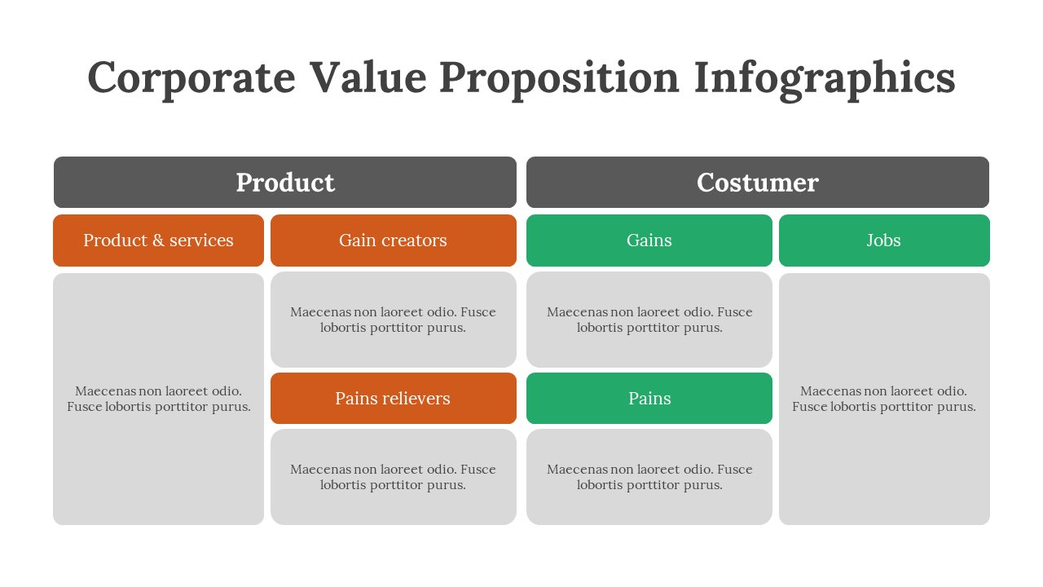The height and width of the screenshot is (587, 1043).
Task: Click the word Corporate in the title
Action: [x=191, y=78]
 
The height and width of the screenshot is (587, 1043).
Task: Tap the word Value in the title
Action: [x=367, y=77]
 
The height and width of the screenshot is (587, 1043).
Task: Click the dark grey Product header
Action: [x=285, y=182]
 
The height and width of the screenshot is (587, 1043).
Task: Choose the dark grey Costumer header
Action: [x=758, y=182]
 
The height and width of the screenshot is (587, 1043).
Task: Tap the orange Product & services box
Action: [x=158, y=241]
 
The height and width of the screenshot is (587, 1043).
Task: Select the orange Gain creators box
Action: [x=394, y=241]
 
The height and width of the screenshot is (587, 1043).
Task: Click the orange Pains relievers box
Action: [x=394, y=399]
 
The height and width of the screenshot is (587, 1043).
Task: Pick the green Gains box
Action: [x=649, y=241]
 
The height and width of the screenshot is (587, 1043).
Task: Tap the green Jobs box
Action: [x=884, y=241]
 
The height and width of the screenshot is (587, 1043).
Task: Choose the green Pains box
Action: [x=649, y=399]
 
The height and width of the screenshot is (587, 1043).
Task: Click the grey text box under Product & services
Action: [x=158, y=399]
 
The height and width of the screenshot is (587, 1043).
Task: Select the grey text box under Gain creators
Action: [x=394, y=320]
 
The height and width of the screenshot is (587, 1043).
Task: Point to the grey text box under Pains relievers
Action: [x=394, y=477]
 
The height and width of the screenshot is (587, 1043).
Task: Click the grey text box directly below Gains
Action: [x=649, y=320]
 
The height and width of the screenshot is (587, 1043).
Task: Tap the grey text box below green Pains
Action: [x=649, y=477]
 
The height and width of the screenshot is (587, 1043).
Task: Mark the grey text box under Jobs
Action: [x=884, y=399]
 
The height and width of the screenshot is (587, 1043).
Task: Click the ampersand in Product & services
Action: [x=158, y=241]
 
